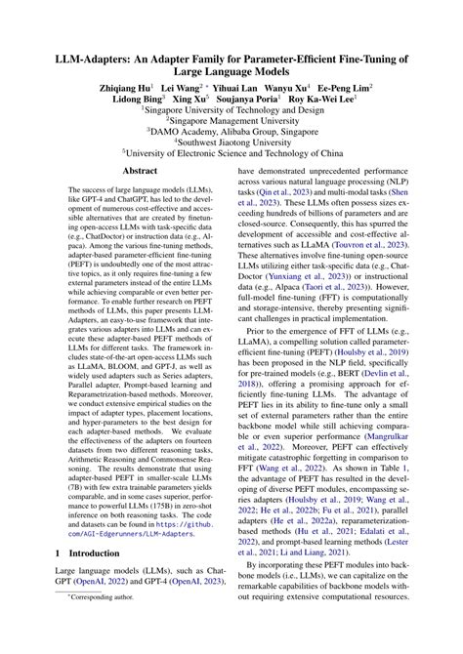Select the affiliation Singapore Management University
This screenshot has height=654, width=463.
pyautogui.click(x=232, y=126)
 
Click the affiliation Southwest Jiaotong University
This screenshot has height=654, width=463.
pyautogui.click(x=232, y=153)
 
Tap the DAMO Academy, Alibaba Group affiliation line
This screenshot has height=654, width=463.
pyautogui.click(x=232, y=140)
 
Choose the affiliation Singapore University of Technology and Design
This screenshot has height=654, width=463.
pyautogui.click(x=232, y=112)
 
